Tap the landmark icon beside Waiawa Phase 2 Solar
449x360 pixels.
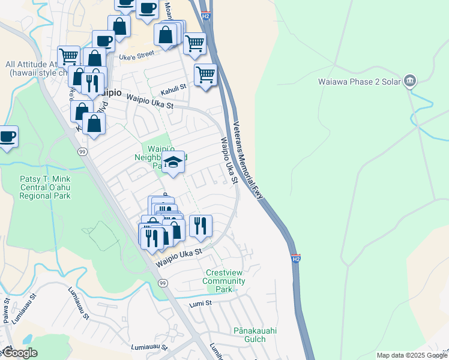[x=411, y=80]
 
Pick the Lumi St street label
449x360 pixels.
[x=201, y=304]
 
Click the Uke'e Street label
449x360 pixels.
[x=137, y=56]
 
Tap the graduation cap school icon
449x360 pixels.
[x=173, y=162]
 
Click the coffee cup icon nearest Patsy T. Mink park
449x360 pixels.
[x=8, y=136]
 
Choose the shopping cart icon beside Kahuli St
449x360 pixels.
[x=205, y=75]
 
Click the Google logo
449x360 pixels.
[x=20, y=353]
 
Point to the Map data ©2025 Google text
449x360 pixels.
[x=411, y=355]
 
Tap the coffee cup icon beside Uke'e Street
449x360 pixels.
[x=103, y=41]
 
